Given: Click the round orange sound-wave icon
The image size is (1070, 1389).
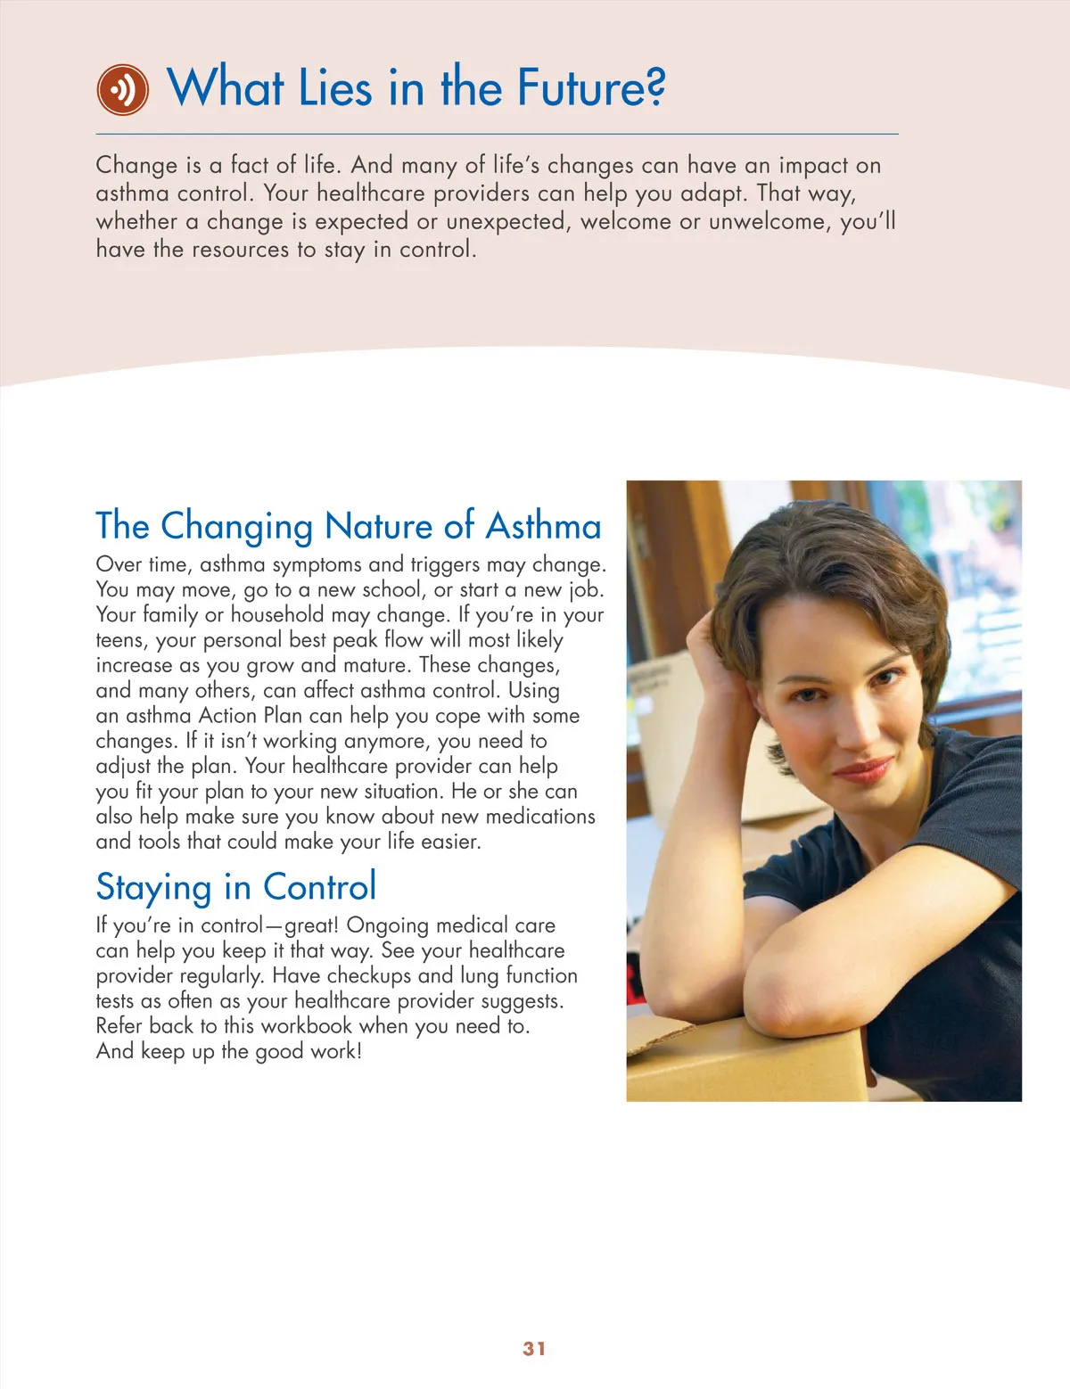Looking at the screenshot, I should (x=122, y=90).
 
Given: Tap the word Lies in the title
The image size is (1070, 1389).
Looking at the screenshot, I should (x=334, y=88).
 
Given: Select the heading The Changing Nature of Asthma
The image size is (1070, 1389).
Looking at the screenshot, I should (x=349, y=526).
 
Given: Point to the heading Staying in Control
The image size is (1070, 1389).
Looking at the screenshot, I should (x=236, y=887).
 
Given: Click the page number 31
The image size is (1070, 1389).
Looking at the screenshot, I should (x=534, y=1348).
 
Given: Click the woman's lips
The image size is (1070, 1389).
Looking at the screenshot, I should (x=863, y=768).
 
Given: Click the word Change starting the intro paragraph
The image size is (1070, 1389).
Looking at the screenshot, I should (x=136, y=166).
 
